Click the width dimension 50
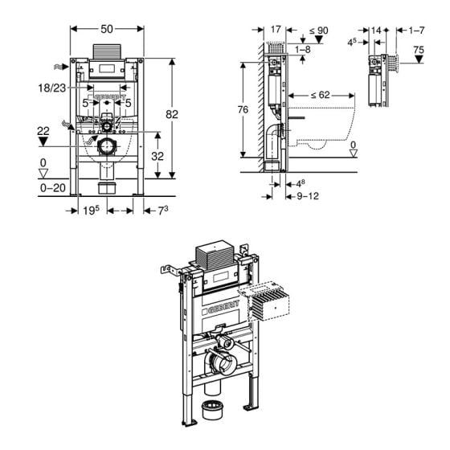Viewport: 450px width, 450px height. (106, 28)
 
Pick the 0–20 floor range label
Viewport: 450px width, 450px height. (50, 186)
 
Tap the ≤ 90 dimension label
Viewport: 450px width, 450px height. (320, 31)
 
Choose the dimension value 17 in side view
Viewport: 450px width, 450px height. (276, 31)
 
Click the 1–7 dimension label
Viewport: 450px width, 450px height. (415, 31)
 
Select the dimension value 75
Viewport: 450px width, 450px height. (419, 50)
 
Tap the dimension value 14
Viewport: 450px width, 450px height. (376, 31)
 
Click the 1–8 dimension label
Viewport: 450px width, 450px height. (302, 50)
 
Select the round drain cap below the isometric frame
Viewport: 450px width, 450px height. (213, 411)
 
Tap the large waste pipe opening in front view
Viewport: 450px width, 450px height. (106, 147)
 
